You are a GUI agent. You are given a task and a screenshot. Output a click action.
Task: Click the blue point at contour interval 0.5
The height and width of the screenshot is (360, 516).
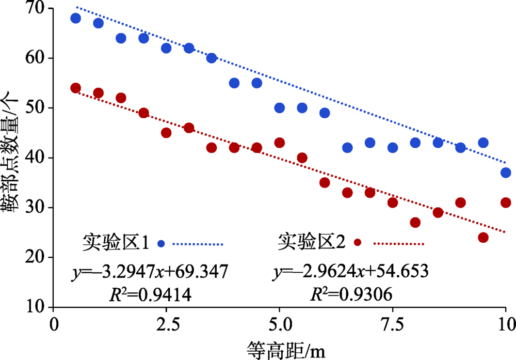(x=76, y=19)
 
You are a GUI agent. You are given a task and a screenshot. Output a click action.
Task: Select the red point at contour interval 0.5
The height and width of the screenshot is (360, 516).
(x=76, y=88)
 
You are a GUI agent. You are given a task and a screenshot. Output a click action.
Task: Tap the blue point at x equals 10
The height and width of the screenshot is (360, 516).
(x=506, y=173)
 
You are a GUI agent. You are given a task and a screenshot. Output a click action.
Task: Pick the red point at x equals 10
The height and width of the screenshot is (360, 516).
(x=506, y=202)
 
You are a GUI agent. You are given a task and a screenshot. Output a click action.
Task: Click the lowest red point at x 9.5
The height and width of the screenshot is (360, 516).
(x=483, y=238)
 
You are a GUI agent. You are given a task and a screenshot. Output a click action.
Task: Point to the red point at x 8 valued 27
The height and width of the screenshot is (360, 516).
(x=415, y=223)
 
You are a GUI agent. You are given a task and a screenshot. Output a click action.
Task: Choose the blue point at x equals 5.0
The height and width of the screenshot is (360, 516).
(x=280, y=108)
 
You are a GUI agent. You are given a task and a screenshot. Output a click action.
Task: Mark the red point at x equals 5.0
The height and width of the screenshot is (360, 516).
(x=280, y=143)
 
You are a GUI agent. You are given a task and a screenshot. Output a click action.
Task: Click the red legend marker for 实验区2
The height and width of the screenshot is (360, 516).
(x=357, y=243)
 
